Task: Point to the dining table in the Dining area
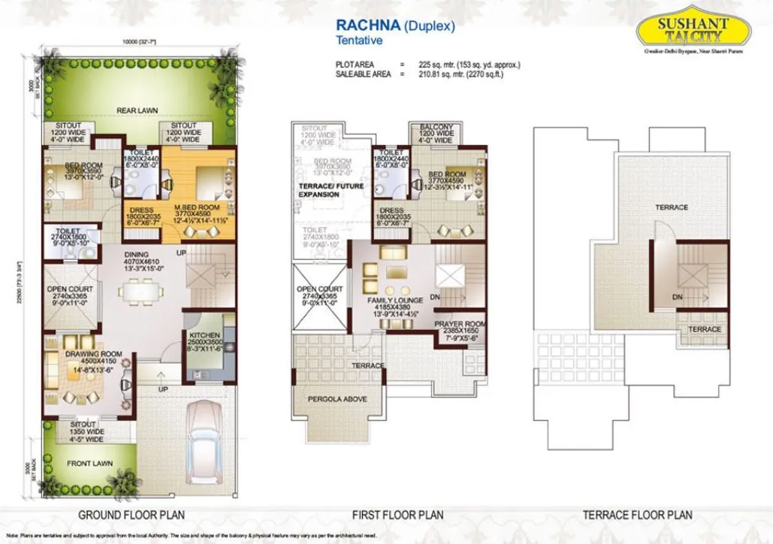click(x=140, y=289)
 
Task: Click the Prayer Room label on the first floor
click(x=460, y=324)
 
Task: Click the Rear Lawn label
click(x=137, y=110)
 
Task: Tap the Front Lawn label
click(x=91, y=464)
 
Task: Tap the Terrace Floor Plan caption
click(x=637, y=515)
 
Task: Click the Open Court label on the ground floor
click(x=70, y=289)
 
